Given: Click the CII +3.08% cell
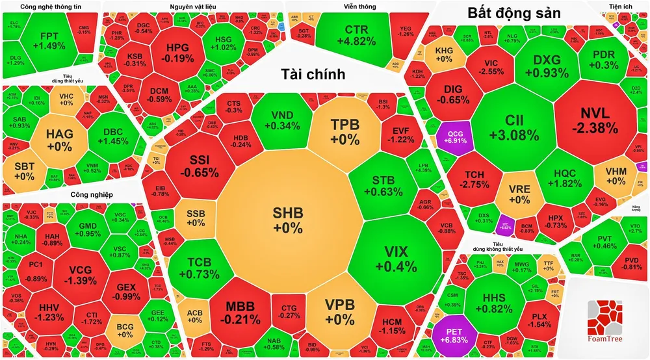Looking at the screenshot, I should tap(517, 127).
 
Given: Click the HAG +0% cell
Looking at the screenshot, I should tap(59, 139).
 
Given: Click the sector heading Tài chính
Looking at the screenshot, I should tap(313, 75).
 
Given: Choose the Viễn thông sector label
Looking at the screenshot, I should tap(360, 6).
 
